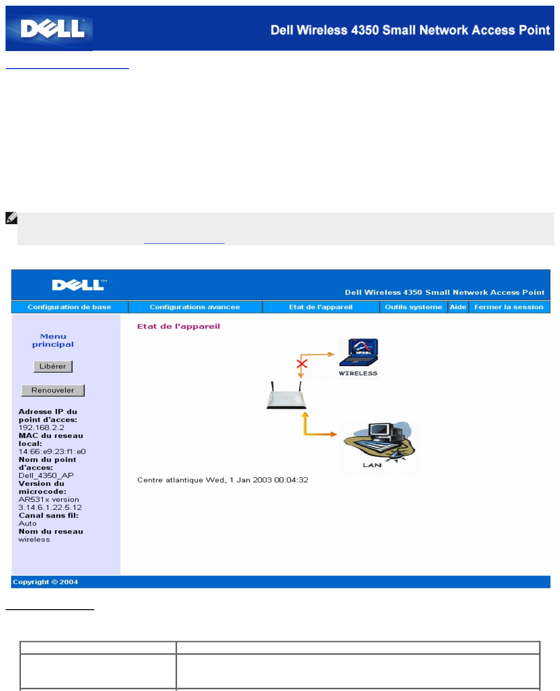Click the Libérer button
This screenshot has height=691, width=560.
click(x=53, y=367)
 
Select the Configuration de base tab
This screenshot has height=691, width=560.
click(x=70, y=307)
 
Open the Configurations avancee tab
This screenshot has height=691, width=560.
click(x=195, y=307)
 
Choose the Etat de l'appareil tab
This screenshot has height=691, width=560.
click(x=321, y=307)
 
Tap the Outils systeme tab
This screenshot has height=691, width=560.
click(x=413, y=307)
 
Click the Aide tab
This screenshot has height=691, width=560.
click(x=458, y=307)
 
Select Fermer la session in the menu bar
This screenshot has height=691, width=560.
click(x=509, y=307)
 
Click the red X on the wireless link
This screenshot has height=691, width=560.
click(x=302, y=364)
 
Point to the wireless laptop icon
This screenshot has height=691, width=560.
click(x=359, y=353)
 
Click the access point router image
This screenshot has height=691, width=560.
click(x=286, y=397)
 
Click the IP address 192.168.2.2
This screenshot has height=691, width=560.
click(x=42, y=428)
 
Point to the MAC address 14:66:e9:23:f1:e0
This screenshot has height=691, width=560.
click(x=52, y=452)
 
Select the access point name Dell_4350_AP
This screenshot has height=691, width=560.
click(x=46, y=475)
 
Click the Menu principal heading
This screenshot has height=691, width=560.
click(x=53, y=341)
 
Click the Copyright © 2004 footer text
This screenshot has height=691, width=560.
click(x=45, y=582)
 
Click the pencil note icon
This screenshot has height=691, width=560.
click(x=11, y=218)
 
